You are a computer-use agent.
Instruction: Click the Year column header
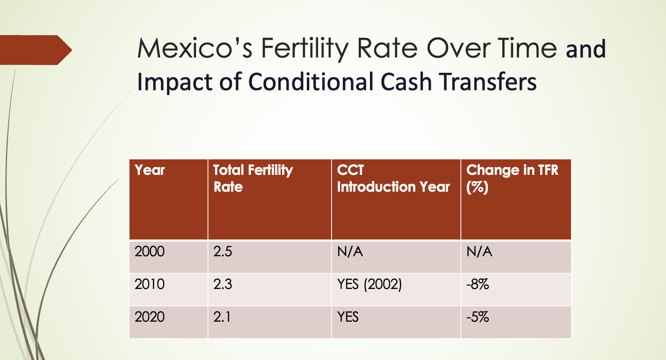(x=150, y=170)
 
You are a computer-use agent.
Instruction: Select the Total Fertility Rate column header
(x=253, y=178)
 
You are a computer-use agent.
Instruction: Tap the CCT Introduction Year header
(x=393, y=178)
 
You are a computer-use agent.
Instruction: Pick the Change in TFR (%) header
(x=512, y=178)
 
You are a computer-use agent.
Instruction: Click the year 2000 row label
(x=150, y=252)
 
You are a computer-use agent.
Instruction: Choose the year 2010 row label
(x=150, y=284)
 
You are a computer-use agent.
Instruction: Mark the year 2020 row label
(x=150, y=317)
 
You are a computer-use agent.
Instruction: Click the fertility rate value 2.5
(x=223, y=252)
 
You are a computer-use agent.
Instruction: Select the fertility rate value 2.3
(x=223, y=284)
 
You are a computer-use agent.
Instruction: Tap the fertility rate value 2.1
(x=222, y=317)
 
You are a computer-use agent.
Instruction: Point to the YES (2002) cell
(x=369, y=284)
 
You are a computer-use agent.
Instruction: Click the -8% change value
(x=478, y=284)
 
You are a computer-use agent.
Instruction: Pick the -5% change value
(x=478, y=317)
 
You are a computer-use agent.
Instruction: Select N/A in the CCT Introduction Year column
(x=350, y=252)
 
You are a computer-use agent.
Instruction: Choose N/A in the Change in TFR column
(x=479, y=252)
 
